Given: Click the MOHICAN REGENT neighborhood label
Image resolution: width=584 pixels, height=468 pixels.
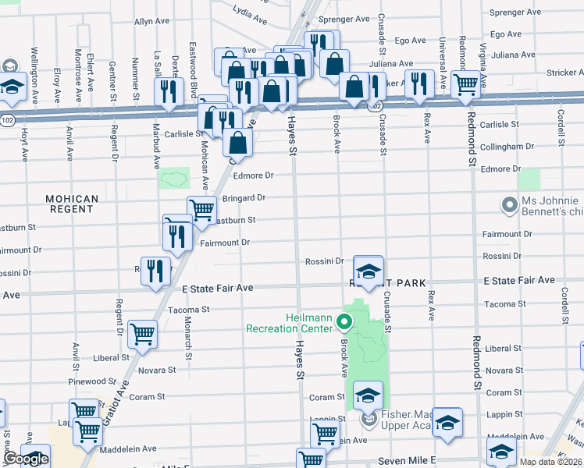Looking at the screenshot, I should (71, 205).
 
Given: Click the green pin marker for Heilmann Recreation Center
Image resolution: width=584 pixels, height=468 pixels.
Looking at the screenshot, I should (342, 321).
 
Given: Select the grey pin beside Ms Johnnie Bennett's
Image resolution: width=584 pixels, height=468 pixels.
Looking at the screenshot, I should (511, 205).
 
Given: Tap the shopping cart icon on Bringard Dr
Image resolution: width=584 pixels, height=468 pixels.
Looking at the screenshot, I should (201, 209).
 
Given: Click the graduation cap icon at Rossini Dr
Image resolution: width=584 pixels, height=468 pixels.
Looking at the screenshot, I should (368, 271).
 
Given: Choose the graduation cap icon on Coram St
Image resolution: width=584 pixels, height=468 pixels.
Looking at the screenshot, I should (369, 395).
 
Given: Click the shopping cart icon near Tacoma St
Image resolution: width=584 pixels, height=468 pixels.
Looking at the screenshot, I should (142, 333).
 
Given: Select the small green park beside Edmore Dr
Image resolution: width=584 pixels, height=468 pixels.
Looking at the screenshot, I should (174, 179).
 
